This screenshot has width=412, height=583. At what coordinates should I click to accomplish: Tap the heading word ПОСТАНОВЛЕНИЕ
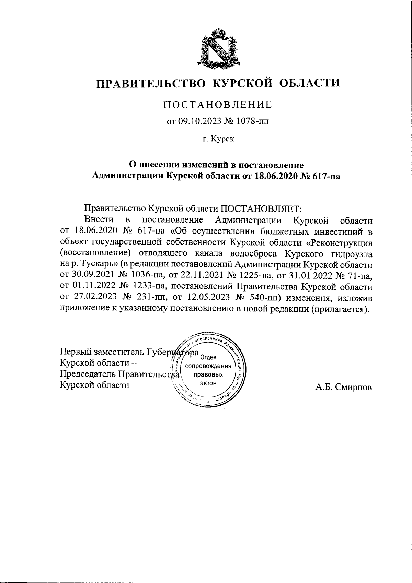point(217,105)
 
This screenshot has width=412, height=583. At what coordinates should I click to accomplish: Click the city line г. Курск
point(218,139)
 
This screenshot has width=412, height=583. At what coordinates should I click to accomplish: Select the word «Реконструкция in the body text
point(339,242)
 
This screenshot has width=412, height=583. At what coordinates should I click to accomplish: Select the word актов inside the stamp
point(208,383)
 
